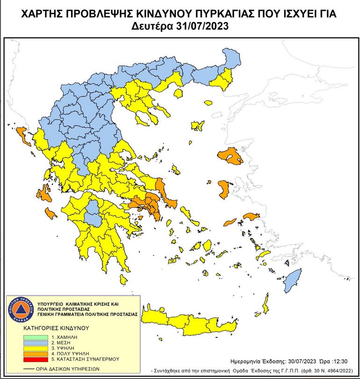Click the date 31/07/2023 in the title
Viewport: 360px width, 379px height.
tap(203, 26)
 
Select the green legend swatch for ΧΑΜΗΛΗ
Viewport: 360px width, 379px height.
tap(35, 337)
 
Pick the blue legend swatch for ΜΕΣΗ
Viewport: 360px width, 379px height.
tap(35, 343)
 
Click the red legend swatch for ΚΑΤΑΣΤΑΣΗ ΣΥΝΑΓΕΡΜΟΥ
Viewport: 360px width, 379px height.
tap(35, 359)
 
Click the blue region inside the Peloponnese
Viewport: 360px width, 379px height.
tap(95, 212)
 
